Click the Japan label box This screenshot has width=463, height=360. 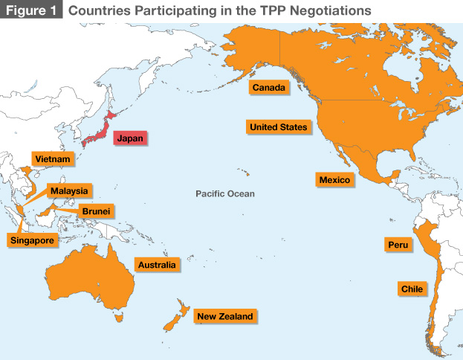tap(129, 138)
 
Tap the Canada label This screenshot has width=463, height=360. tap(268, 88)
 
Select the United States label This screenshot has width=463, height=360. tap(278, 127)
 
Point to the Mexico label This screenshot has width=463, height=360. tap(334, 180)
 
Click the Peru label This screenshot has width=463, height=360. tap(398, 245)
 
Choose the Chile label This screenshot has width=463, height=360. tap(412, 289)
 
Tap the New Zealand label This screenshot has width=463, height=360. tap(224, 317)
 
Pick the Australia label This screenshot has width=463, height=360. tap(156, 265)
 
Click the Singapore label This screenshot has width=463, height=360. tap(31, 240)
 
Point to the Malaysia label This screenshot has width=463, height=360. tap(69, 191)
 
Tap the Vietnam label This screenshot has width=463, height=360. tap(51, 159)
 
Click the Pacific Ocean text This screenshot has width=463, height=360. tap(224, 193)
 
